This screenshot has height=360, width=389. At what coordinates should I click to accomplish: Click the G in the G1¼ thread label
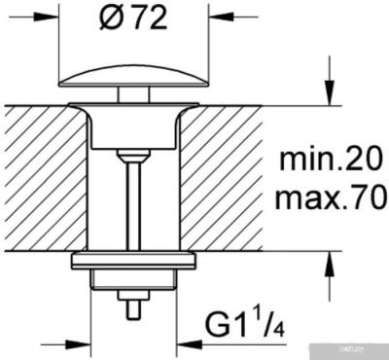pyautogui.click(x=226, y=321)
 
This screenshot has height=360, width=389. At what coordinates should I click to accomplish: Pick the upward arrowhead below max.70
pyautogui.click(x=331, y=261)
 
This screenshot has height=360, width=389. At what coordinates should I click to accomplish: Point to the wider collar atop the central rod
pyautogui.click(x=131, y=154)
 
